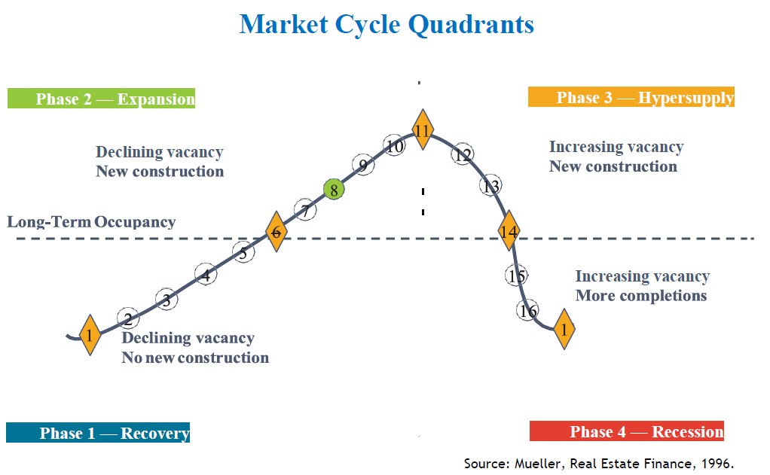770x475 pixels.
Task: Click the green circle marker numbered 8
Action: (334, 190)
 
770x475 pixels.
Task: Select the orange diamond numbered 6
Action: (277, 233)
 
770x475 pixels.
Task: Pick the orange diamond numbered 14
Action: (509, 232)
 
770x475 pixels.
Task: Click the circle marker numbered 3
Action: (167, 300)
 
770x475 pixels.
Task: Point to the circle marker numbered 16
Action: (528, 309)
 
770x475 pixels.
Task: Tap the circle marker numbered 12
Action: (463, 155)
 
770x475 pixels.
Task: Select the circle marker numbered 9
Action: (363, 166)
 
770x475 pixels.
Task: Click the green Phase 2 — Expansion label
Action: (101, 99)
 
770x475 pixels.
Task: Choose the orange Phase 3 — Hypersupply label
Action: (631, 98)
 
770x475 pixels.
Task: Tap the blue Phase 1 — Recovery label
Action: (98, 433)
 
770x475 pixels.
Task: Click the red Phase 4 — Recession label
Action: (627, 431)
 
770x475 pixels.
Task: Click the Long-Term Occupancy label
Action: (91, 222)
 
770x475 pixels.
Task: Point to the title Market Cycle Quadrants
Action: (386, 24)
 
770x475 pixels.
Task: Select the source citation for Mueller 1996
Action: (598, 463)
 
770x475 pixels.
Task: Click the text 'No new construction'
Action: (195, 358)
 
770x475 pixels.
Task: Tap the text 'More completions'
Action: (640, 295)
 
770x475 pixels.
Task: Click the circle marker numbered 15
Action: (516, 276)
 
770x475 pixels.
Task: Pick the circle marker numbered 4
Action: (206, 276)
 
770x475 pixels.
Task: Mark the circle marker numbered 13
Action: (491, 186)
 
